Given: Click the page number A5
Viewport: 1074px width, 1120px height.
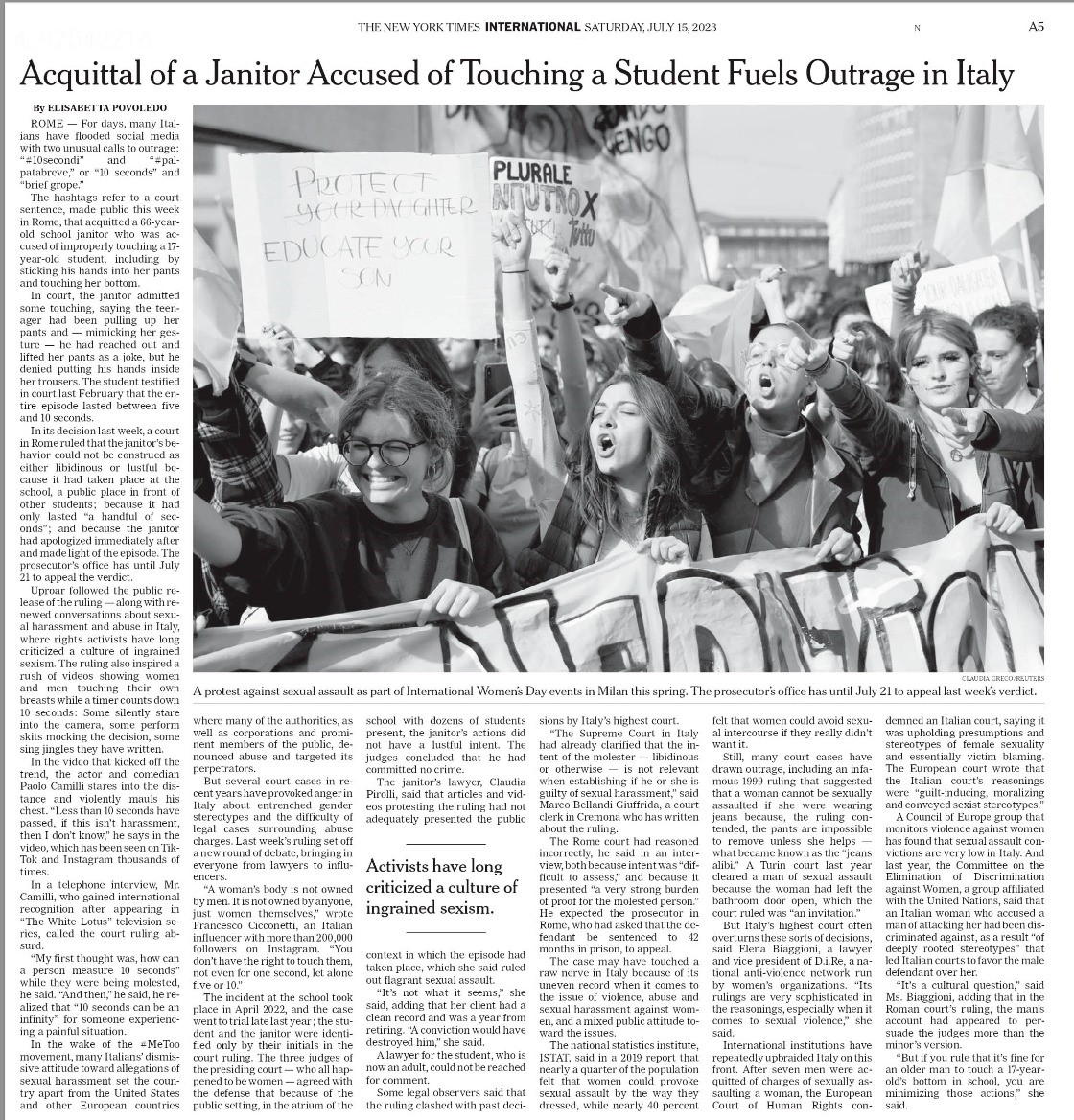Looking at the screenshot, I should pyautogui.click(x=1036, y=27).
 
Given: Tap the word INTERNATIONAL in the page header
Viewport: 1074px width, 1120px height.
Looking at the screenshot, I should pyautogui.click(x=533, y=27).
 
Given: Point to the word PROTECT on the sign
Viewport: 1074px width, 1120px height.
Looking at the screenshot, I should pyautogui.click(x=348, y=179).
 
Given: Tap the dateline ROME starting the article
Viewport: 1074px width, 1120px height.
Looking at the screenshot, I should pyautogui.click(x=47, y=125).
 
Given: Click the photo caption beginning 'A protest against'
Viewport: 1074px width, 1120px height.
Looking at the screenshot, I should pyautogui.click(x=614, y=691).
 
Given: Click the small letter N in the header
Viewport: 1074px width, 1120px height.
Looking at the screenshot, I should pyautogui.click(x=917, y=28).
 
